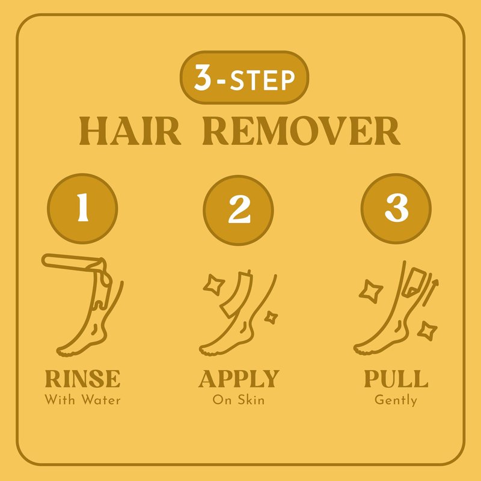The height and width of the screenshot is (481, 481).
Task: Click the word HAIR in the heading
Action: tap(130, 131)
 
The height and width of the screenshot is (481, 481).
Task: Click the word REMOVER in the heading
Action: tap(302, 131)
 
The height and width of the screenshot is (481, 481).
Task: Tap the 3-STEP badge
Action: tap(244, 78)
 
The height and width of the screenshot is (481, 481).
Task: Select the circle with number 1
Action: tap(82, 209)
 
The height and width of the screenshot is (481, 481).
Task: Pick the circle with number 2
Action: tap(238, 210)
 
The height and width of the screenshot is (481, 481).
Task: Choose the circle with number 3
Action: tap(396, 209)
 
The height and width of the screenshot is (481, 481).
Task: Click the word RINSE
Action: tap(82, 379)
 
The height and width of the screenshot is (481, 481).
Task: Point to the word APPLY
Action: tap(239, 379)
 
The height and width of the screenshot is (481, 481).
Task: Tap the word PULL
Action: tap(396, 379)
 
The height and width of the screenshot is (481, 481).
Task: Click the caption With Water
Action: tap(82, 400)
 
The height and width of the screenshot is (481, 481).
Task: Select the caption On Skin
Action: tap(238, 400)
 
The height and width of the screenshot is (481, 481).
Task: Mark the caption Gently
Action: tap(396, 400)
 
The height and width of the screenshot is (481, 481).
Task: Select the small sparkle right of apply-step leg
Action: tap(271, 317)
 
